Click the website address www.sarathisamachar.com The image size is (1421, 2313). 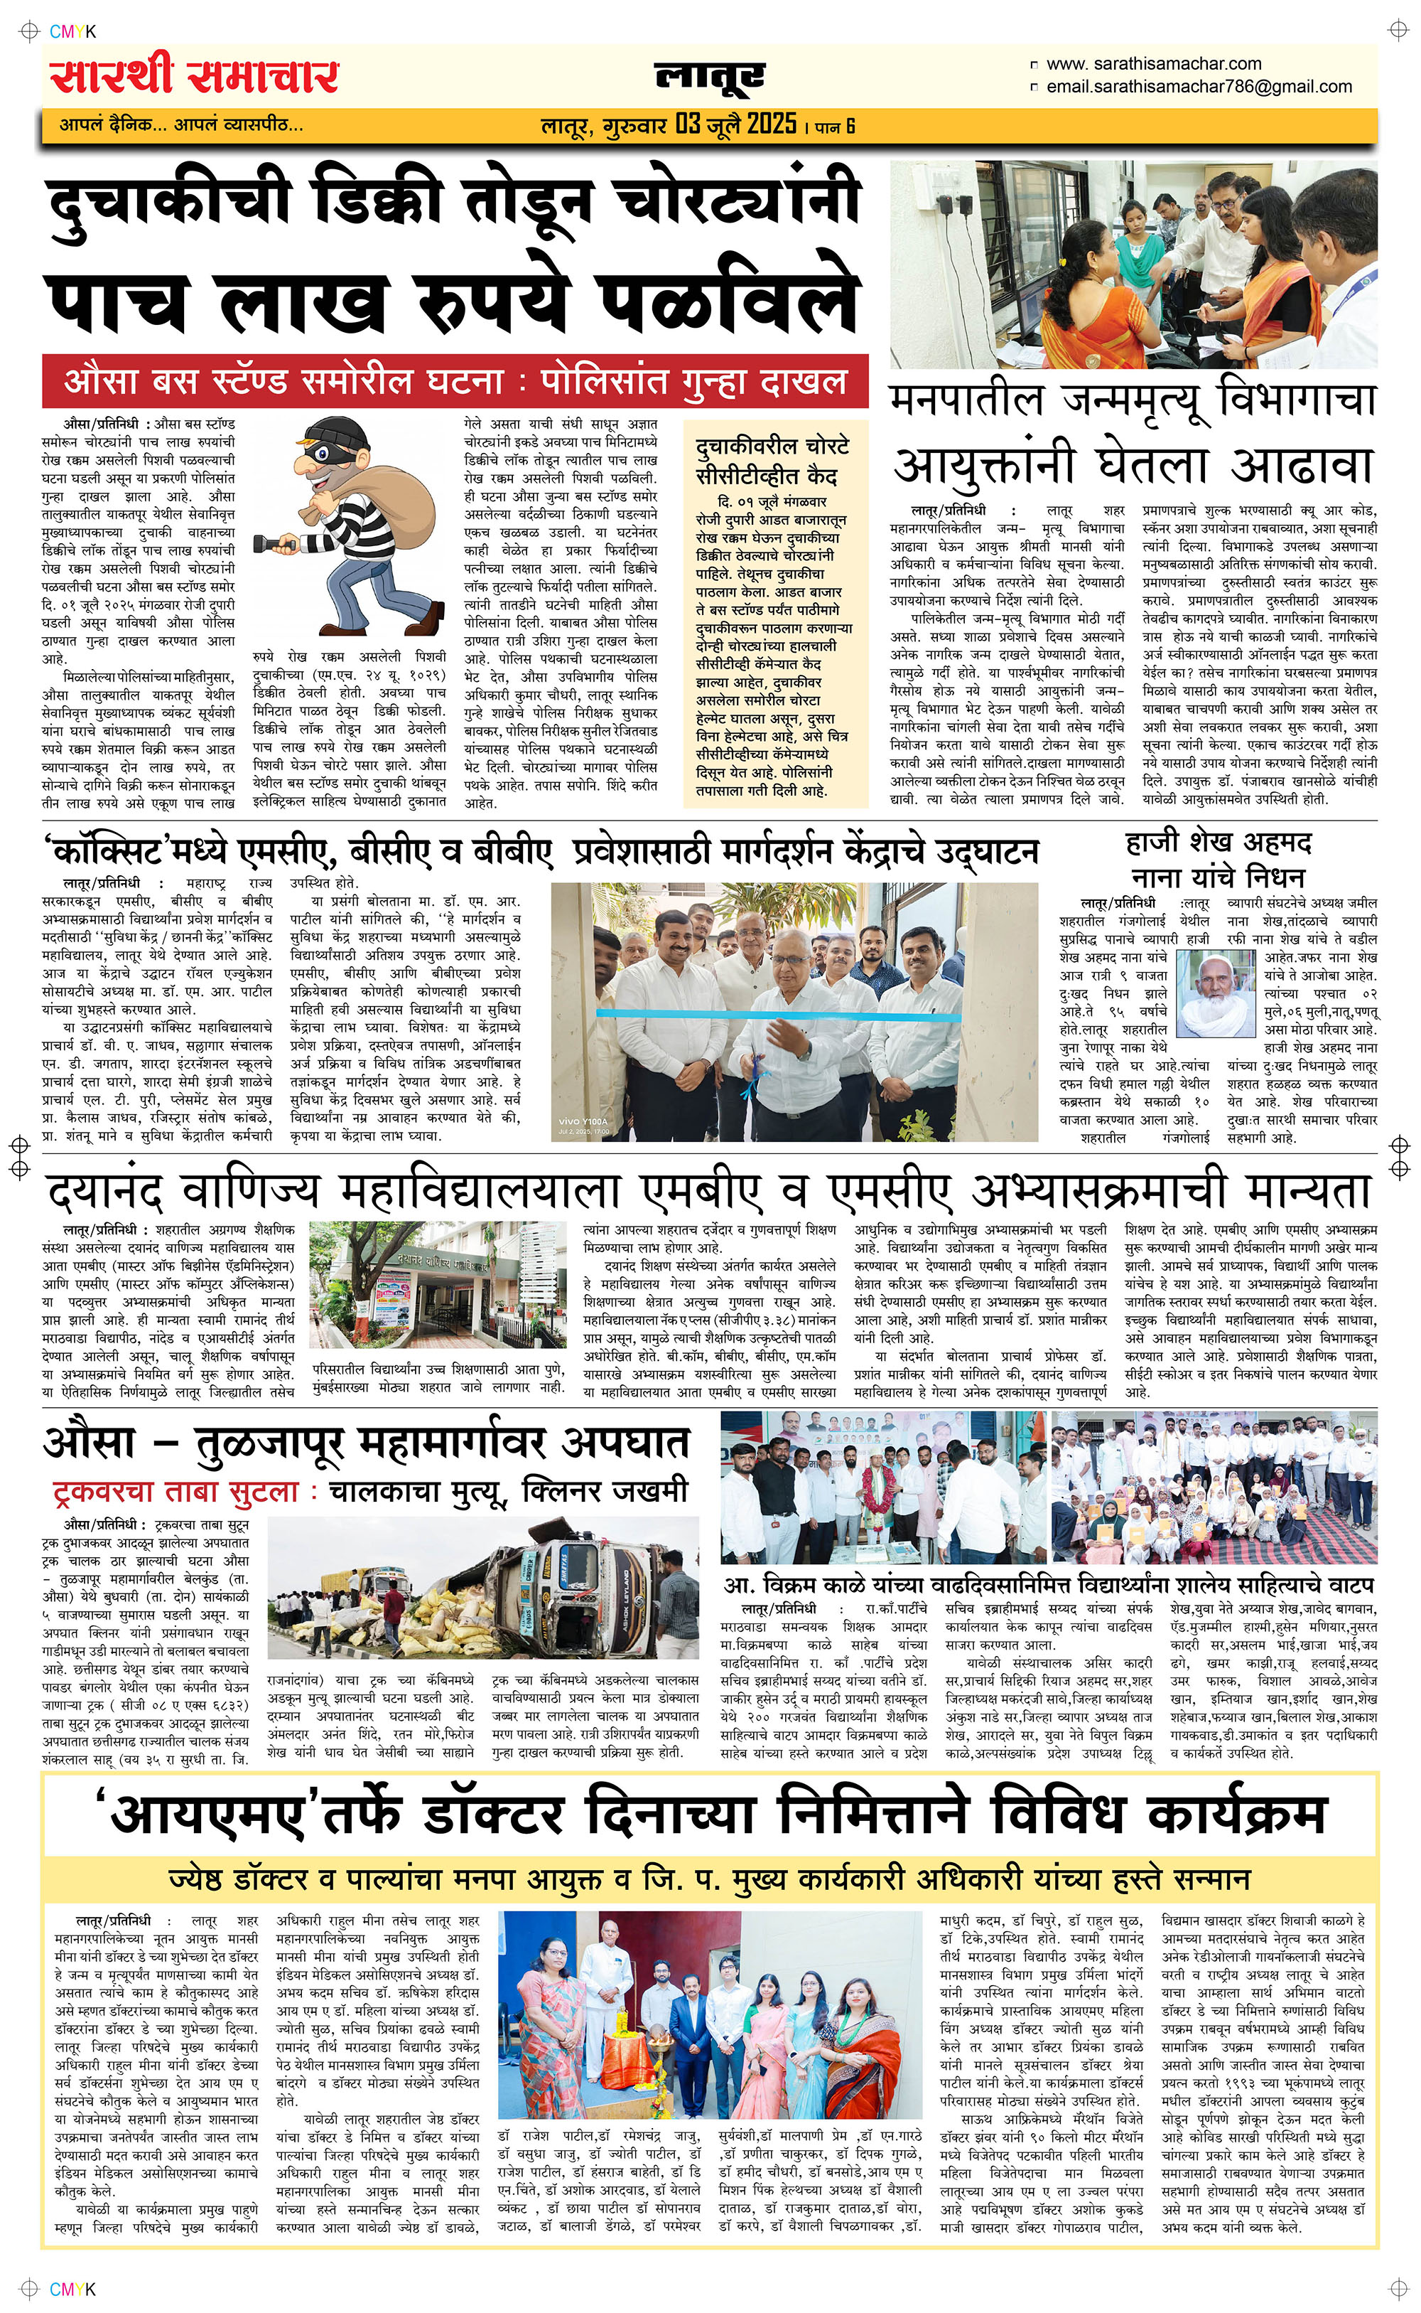click(1153, 64)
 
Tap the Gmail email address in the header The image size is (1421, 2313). click(1199, 87)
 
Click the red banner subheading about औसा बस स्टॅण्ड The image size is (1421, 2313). click(455, 382)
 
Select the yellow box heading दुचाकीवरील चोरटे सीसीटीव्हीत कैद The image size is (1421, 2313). click(772, 461)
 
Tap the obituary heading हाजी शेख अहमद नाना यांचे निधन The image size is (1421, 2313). click(1218, 858)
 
